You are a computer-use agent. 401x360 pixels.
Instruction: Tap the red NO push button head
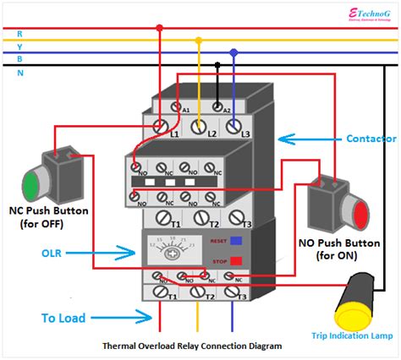[361, 214]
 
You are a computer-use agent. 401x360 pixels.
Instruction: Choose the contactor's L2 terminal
[200, 127]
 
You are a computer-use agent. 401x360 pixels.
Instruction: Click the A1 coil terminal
[176, 107]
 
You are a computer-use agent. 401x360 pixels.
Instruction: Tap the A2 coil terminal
[217, 107]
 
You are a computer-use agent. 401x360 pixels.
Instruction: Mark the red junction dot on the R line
[159, 28]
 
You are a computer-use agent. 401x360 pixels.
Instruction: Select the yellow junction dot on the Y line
[199, 40]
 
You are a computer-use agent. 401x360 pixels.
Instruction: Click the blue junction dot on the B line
[234, 52]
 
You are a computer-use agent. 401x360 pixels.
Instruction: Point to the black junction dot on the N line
[217, 64]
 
